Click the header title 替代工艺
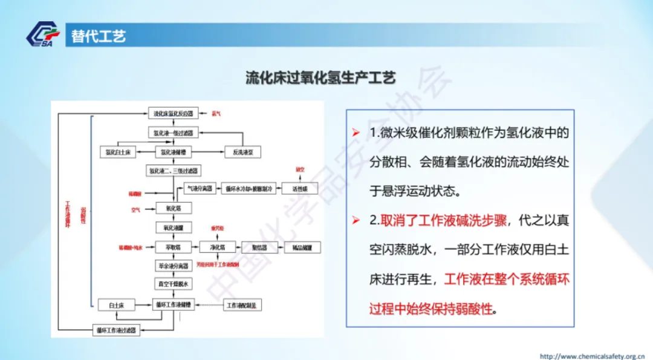98,36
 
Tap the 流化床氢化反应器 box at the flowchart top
174,114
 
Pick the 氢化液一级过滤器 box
174,133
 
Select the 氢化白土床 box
118,151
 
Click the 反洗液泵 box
242,151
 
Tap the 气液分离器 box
199,188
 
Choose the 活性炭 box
300,188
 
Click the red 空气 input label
136,210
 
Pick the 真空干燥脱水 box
174,284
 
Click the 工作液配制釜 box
244,305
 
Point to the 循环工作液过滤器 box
117,330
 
